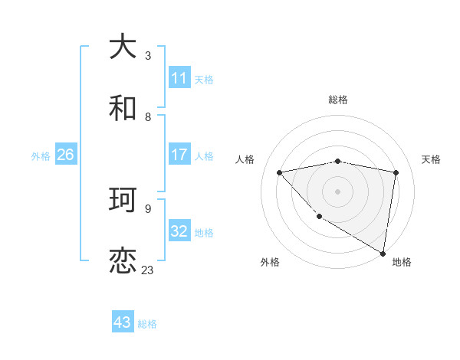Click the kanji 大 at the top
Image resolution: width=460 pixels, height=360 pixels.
(123, 47)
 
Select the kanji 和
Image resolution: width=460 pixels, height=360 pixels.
(123, 109)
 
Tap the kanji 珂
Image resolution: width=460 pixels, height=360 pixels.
(123, 201)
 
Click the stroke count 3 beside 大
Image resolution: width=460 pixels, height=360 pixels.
(148, 55)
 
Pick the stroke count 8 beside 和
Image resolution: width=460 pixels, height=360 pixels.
(148, 116)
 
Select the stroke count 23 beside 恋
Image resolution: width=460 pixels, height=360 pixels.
(148, 270)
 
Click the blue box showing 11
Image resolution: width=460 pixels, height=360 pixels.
(179, 78)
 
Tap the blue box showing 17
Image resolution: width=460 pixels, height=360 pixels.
(179, 155)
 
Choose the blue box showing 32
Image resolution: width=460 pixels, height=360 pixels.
(179, 231)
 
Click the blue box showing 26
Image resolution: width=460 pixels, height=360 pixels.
(65, 155)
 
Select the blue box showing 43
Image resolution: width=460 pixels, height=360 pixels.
(123, 322)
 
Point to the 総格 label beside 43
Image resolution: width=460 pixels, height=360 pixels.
(148, 324)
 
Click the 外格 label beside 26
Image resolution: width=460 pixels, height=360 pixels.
(41, 155)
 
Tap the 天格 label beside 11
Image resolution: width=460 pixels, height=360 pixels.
(204, 79)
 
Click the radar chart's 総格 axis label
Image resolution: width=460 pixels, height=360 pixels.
(338, 100)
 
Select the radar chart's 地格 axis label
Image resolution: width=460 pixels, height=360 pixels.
(402, 262)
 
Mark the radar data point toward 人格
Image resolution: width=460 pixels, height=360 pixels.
(279, 172)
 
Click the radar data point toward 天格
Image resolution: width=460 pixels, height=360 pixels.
(396, 172)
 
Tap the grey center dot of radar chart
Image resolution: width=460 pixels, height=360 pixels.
(338, 191)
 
